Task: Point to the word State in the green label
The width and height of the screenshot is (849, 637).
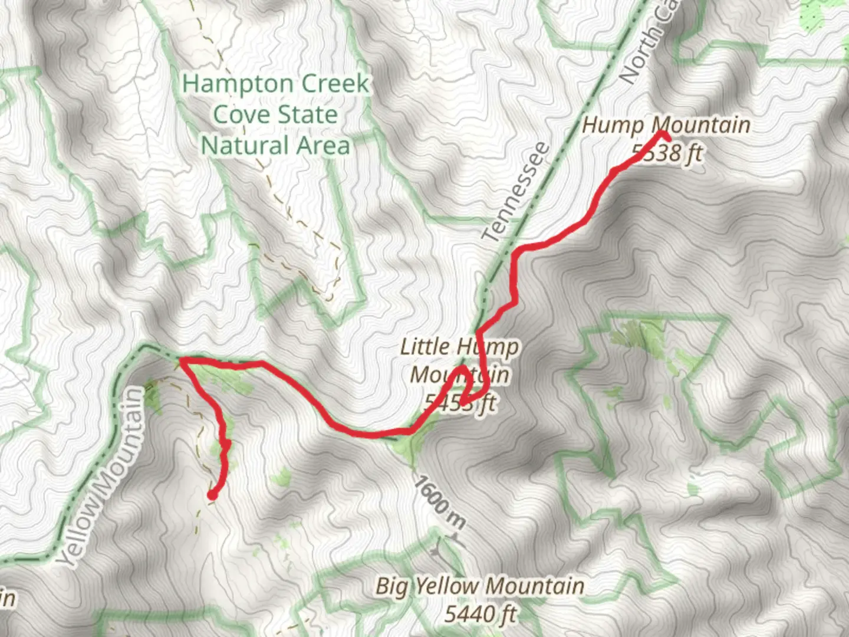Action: [308, 115]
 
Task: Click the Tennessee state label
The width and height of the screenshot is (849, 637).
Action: [515, 192]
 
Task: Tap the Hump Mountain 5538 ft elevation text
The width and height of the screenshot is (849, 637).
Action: [667, 153]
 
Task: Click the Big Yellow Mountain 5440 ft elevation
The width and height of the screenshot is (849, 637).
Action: [480, 614]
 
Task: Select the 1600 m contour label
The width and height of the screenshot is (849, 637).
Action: [440, 503]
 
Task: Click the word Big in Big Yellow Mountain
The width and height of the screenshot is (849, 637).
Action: [391, 587]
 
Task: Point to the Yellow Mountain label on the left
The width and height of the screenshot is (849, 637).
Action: [104, 478]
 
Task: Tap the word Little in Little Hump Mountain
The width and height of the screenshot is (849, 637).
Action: [424, 347]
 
